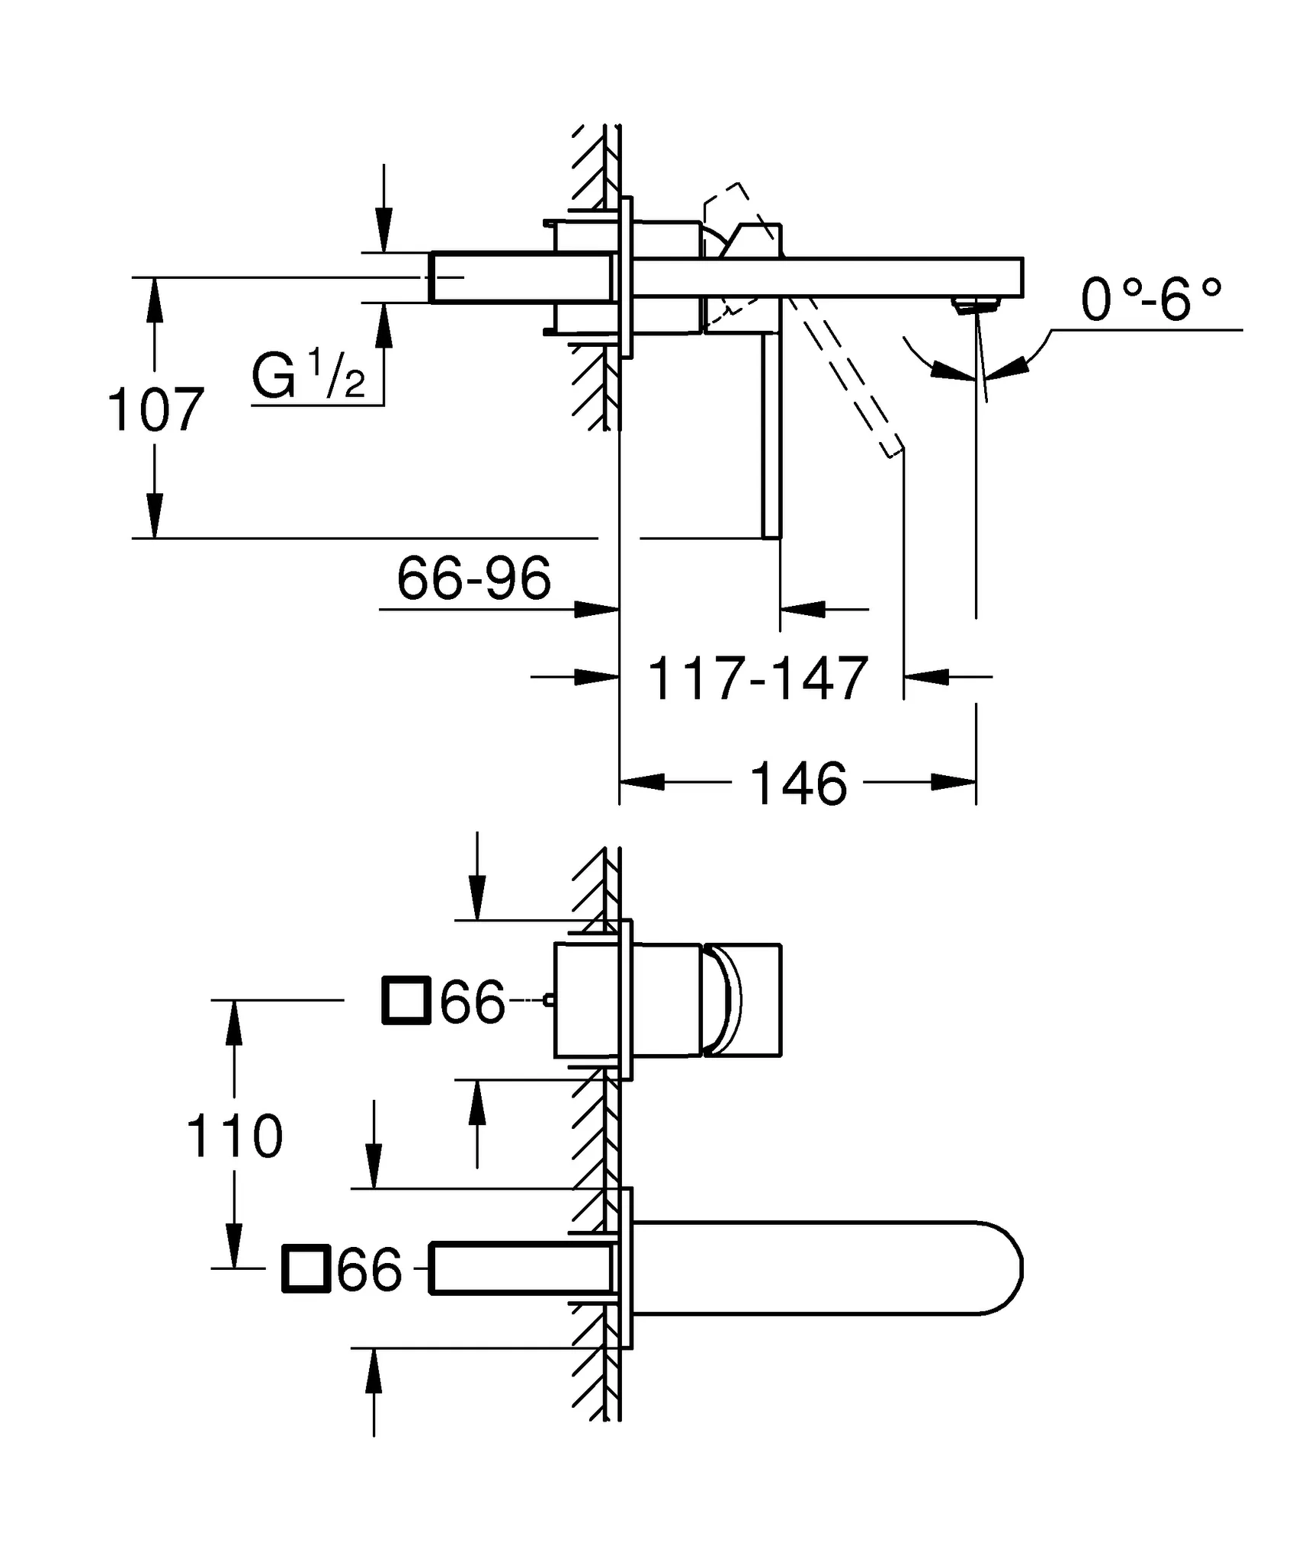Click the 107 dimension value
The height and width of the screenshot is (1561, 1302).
pos(156,411)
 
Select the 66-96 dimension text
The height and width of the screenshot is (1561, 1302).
pos(473,579)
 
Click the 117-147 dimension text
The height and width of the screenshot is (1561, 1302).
pos(758,678)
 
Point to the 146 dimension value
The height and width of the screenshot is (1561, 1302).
pos(798,784)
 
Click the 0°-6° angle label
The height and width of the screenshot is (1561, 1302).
pos(1151,300)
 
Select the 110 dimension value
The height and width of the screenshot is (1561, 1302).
pos(234,1136)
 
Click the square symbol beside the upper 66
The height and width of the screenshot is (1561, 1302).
pos(406,1000)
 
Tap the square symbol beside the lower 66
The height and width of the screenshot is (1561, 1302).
pos(306,1269)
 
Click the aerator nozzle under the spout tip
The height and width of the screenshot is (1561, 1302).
pos(975,306)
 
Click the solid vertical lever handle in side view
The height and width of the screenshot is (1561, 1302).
pos(771,434)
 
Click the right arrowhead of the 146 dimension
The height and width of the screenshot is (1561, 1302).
pos(954,782)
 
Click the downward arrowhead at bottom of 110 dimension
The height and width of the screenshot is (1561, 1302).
pos(235,1245)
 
